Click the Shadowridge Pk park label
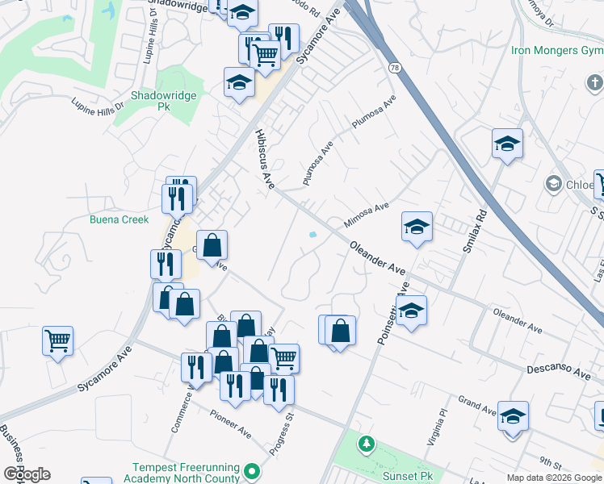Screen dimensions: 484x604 click(153, 100)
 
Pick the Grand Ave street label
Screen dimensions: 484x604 click(476, 403)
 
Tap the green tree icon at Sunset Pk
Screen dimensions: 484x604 click(367, 443)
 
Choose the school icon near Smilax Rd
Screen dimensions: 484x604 click(507, 144)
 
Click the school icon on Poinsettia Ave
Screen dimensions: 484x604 click(411, 311)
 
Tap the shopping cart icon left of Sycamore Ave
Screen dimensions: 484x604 click(58, 341)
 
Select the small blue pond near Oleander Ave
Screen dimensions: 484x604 click(312, 236)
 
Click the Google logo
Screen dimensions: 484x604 click(27, 474)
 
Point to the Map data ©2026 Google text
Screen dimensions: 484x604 click(553, 478)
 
